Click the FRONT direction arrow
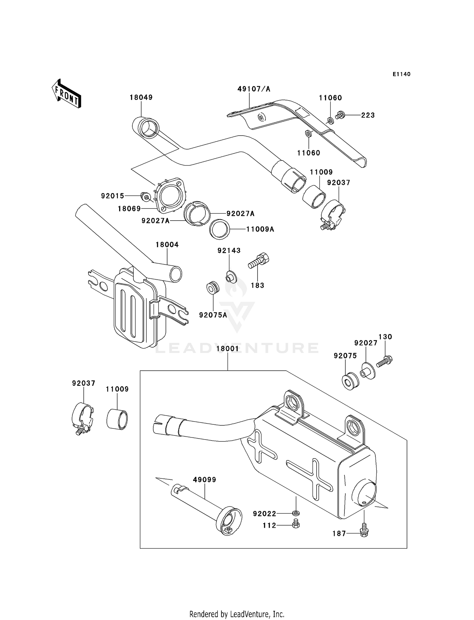point(66,94)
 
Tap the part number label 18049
point(141,97)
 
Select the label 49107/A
point(254,89)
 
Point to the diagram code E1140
point(401,74)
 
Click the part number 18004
point(167,245)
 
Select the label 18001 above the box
point(228,349)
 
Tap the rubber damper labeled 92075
point(350,382)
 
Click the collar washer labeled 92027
point(368,371)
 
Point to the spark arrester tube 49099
point(205,502)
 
